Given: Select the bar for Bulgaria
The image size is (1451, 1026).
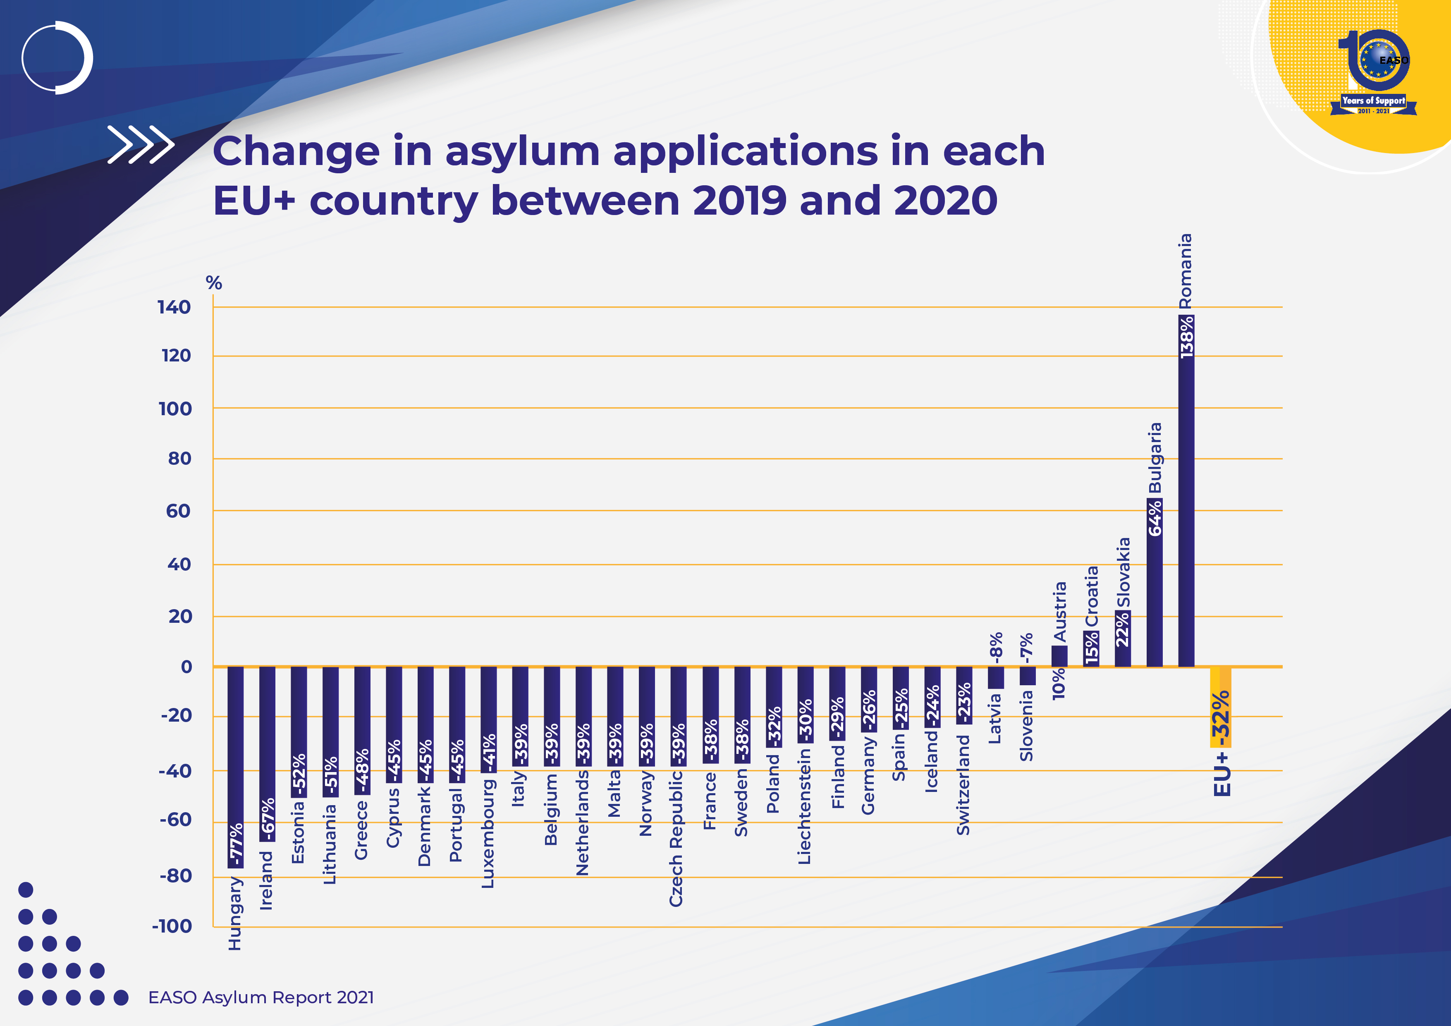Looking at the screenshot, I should click(1154, 581).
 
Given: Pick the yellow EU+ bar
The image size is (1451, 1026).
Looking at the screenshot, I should click(1220, 707).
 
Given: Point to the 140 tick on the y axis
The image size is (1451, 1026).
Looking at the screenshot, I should click(174, 307).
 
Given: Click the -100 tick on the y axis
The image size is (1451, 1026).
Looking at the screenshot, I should click(172, 926).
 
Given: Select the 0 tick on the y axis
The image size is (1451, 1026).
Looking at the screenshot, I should click(186, 666).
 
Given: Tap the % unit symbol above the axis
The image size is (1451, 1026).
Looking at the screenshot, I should click(214, 283).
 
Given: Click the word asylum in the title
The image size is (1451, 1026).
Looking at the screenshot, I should click(522, 152).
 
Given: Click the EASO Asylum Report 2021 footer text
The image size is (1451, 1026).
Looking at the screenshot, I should click(261, 997).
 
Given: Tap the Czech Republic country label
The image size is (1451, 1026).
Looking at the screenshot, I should click(676, 837).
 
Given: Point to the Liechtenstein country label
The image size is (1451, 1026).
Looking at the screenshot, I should click(804, 806).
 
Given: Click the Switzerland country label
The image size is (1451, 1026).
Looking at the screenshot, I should click(963, 784).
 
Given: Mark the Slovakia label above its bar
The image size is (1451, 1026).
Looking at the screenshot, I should click(1123, 572).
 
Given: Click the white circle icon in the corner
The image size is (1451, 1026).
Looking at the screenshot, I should click(57, 57).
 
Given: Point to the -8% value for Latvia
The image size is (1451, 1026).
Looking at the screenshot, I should click(996, 647).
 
